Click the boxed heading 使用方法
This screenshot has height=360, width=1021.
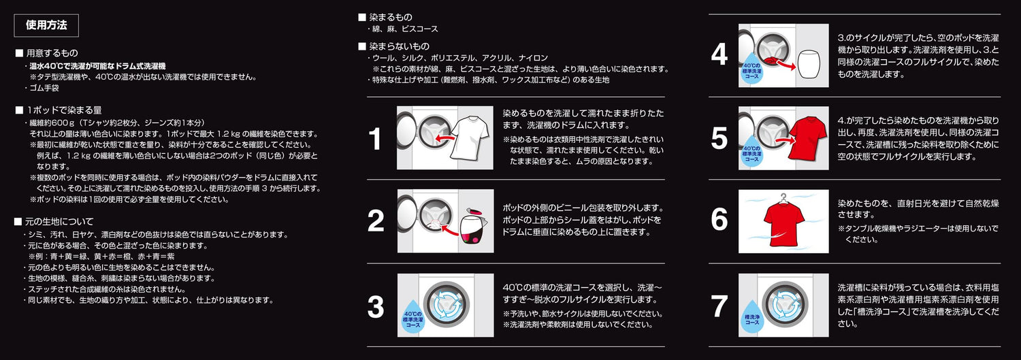(46, 25)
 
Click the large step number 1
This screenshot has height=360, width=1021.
(374, 139)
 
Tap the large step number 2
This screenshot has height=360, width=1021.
(376, 221)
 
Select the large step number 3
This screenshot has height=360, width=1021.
(376, 307)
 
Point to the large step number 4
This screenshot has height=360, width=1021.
(719, 55)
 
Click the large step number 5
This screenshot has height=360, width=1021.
(719, 139)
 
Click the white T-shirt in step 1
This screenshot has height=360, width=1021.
(470, 137)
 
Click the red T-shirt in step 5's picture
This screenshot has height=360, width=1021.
(808, 137)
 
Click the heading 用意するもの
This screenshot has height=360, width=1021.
(52, 53)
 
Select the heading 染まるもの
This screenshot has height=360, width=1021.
(391, 17)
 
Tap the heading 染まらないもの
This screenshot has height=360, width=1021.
(400, 46)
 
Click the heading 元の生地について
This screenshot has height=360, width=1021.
(59, 221)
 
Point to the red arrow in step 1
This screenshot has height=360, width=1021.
(447, 137)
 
